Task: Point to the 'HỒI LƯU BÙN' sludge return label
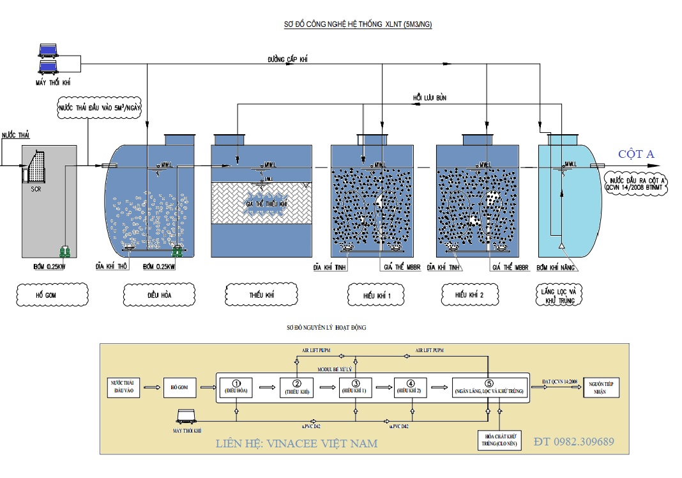[430, 98]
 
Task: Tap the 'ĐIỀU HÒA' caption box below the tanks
[155, 296]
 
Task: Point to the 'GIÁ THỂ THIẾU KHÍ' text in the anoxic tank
[266, 204]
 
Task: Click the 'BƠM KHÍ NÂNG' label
[557, 268]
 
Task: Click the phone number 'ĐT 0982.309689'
[574, 442]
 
